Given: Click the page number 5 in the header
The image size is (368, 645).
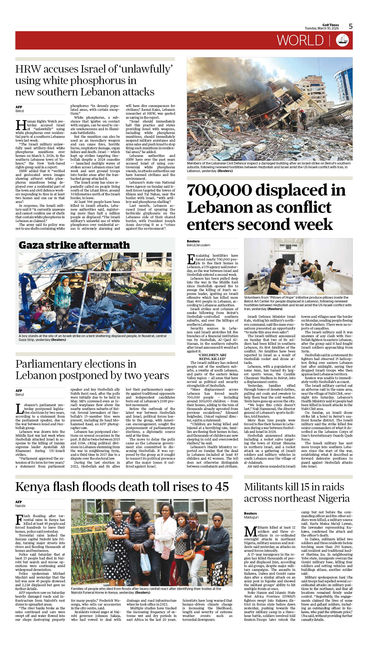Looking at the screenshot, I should click(x=351, y=26).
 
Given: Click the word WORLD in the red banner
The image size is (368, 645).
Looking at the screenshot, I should click(x=300, y=41).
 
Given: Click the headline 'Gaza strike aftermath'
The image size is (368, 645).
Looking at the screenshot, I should click(x=74, y=245).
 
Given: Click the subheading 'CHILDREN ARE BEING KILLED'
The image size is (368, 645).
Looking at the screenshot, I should click(x=212, y=357).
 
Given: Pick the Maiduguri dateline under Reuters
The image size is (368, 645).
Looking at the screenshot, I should click(x=251, y=517).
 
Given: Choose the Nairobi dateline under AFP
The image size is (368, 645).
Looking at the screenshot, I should click(x=20, y=506).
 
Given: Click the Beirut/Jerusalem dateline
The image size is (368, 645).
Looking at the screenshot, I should click(x=198, y=245).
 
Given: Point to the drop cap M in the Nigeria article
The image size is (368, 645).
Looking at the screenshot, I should click(x=250, y=532).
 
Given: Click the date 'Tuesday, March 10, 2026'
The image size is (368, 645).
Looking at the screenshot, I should click(x=322, y=28).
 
